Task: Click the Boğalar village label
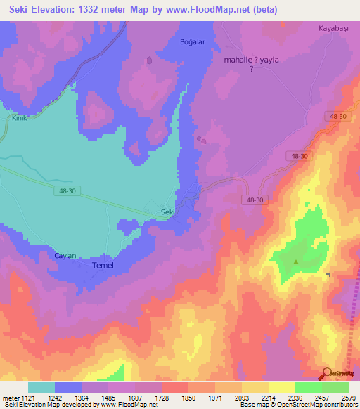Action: coord(192,42)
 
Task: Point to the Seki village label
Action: coord(167,212)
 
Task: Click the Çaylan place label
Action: coord(65,256)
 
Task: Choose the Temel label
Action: coord(103,266)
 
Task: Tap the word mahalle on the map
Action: coord(240,60)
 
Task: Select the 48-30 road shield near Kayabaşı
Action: coord(336,116)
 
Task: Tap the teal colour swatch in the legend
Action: coord(41,387)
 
